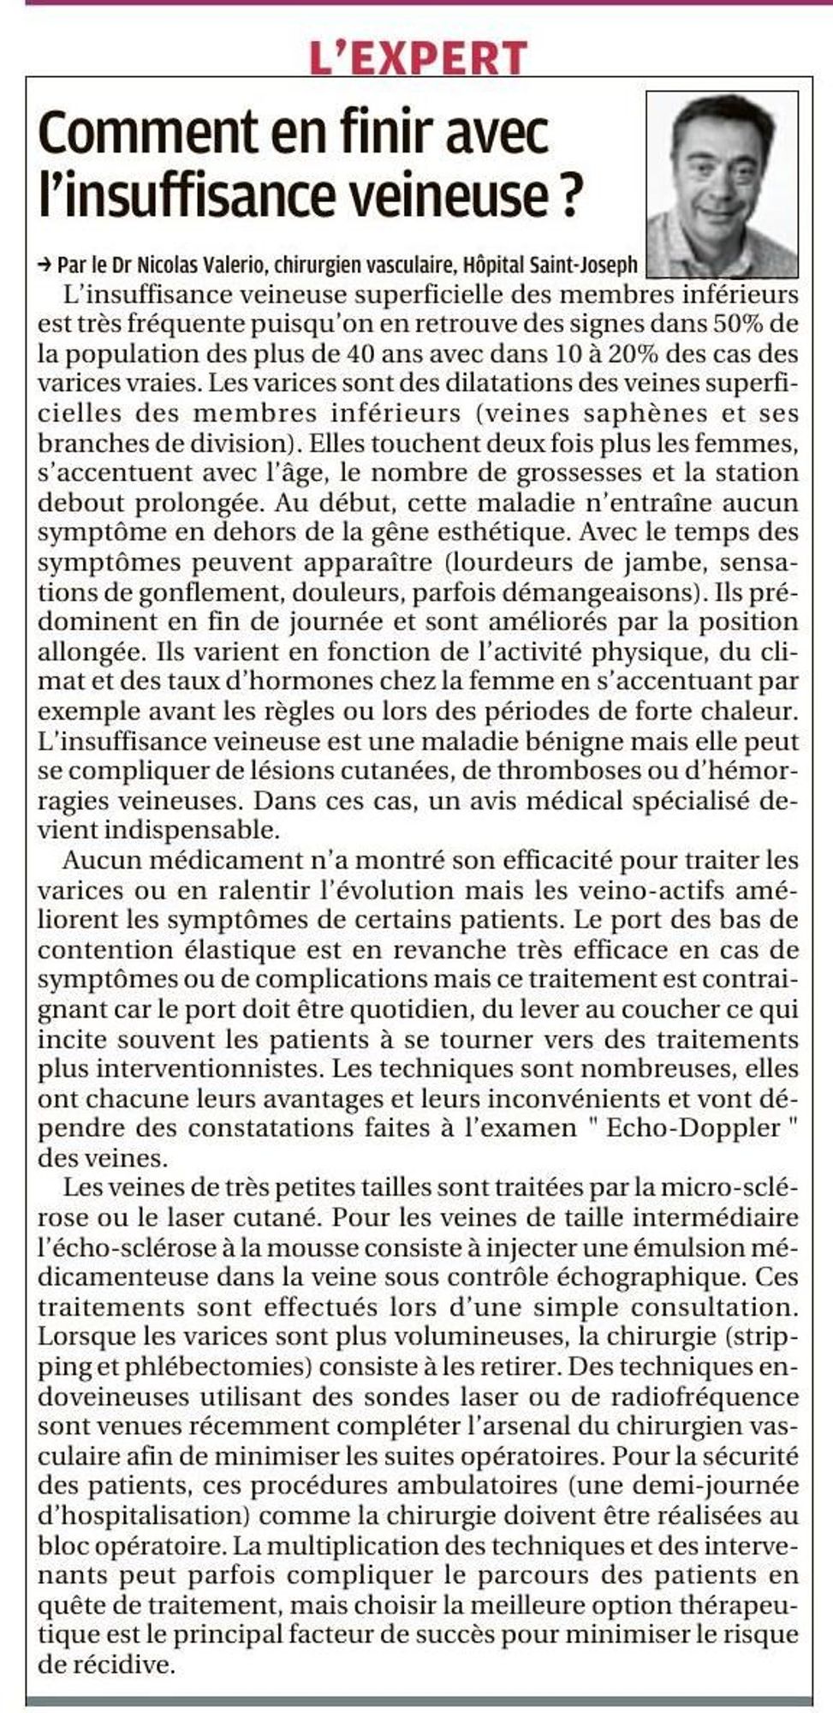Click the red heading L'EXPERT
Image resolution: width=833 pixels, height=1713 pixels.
[x=419, y=57]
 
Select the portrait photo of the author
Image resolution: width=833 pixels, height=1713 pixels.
[x=722, y=183]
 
